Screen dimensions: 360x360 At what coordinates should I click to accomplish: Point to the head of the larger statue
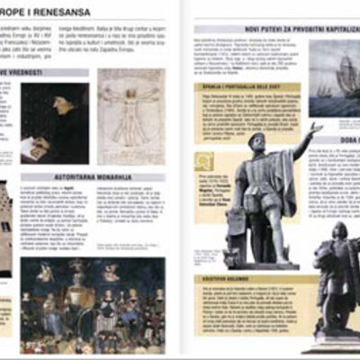coord(257,142)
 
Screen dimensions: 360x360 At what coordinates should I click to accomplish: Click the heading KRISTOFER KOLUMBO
coord(222,279)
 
